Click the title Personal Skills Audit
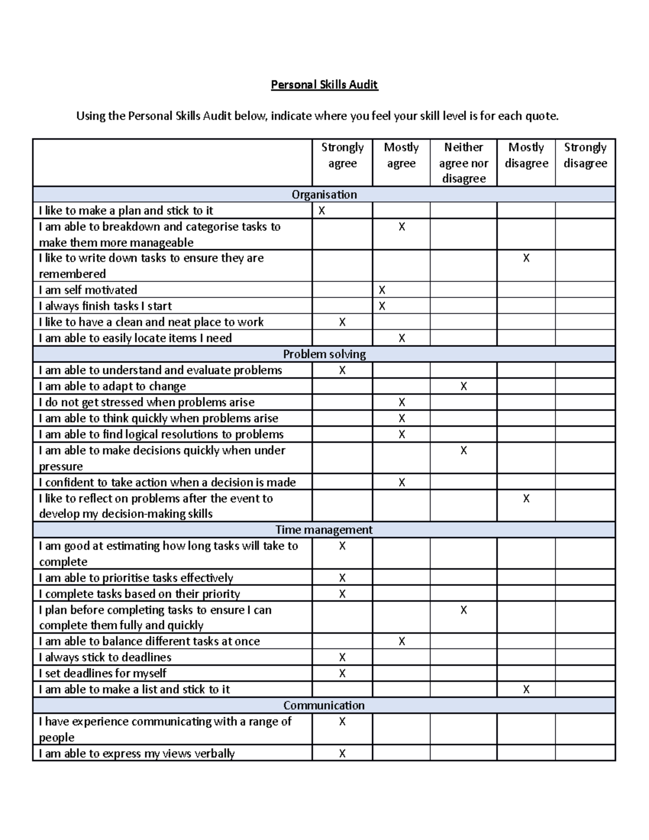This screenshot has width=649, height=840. tap(324, 85)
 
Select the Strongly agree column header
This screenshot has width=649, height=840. tap(342, 155)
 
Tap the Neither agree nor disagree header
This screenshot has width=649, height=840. tap(463, 162)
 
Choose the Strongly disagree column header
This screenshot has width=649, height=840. tap(585, 155)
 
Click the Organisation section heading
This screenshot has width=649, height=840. tap(324, 195)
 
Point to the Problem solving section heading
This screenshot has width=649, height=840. tap(324, 354)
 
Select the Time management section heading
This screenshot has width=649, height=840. tap(324, 530)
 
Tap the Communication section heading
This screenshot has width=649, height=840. tap(324, 706)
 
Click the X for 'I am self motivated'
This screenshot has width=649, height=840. tap(382, 290)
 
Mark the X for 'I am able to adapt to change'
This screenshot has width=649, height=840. tap(463, 387)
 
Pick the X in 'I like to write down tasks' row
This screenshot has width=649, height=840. tap(526, 259)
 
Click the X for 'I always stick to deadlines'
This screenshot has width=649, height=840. tap(342, 658)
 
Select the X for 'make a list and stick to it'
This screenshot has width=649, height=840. tap(526, 690)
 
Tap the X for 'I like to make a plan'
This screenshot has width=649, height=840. tap(322, 211)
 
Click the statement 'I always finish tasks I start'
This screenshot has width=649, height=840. tap(105, 306)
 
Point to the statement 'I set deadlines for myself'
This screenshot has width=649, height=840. tap(103, 673)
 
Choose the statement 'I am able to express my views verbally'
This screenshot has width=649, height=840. tap(137, 753)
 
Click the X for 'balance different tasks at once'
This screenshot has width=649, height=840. tap(401, 641)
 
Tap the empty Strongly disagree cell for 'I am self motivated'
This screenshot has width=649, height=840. tap(585, 290)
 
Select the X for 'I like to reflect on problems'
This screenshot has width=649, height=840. tap(526, 499)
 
